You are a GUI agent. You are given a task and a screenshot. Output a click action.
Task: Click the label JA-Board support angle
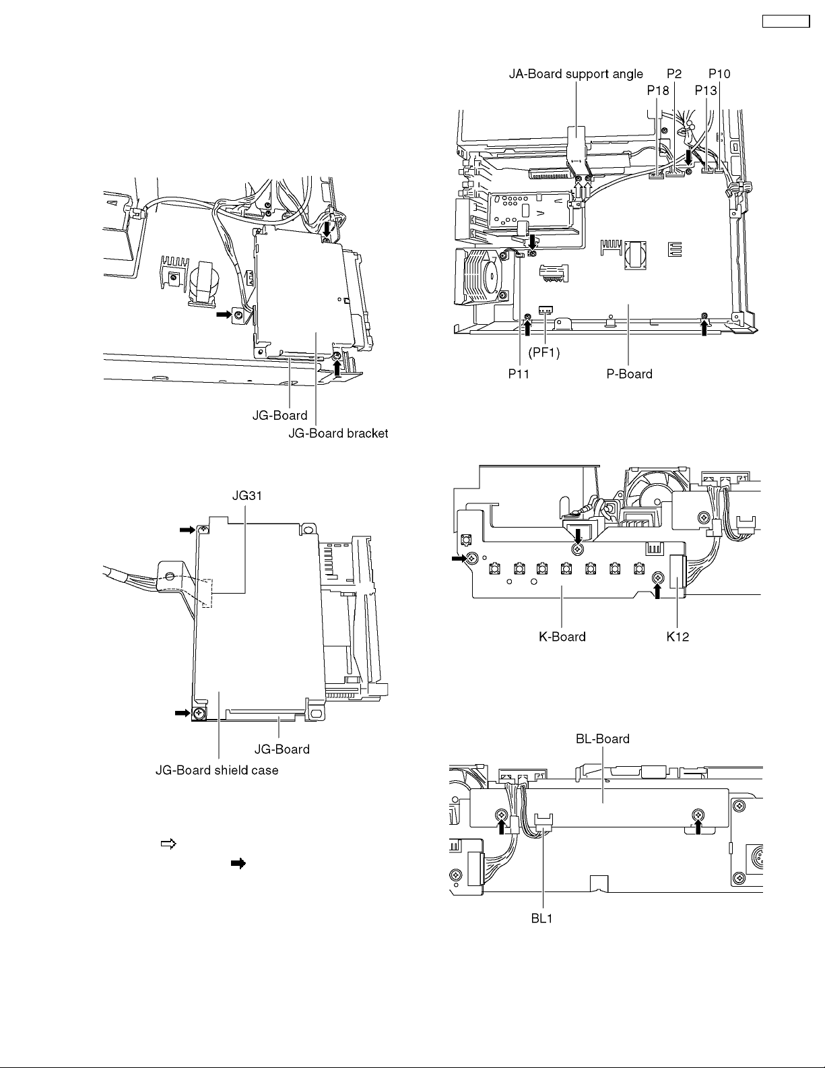point(576,74)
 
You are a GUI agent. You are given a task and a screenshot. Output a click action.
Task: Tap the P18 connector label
point(658,90)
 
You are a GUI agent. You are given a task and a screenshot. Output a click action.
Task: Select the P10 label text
point(719,74)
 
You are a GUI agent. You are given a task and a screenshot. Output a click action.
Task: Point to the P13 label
point(706,90)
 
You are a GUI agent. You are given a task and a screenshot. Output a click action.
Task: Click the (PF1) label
point(544,352)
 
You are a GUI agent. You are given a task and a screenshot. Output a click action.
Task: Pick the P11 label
point(519,374)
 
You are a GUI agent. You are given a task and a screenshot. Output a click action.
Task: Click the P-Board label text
point(630,374)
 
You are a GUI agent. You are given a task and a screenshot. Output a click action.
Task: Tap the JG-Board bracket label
point(338,433)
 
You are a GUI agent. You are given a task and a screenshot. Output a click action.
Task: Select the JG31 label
point(247,496)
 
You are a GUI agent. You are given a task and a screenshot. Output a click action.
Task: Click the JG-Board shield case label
point(217,770)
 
